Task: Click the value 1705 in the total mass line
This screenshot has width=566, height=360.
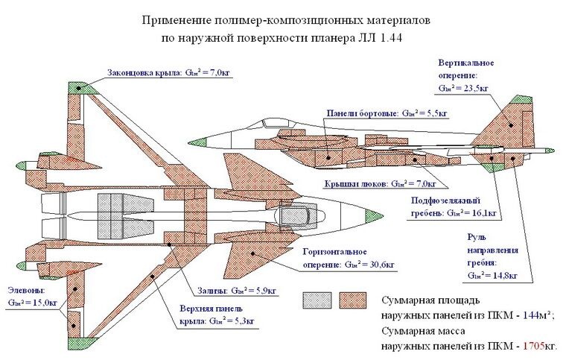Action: tap(535, 346)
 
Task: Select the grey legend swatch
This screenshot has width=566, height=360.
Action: tap(317, 300)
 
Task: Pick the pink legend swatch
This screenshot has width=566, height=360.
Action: tap(354, 300)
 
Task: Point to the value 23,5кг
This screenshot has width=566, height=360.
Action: tap(473, 88)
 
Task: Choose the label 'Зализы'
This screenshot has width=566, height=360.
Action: tap(212, 290)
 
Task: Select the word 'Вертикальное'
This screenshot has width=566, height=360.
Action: tap(466, 63)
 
